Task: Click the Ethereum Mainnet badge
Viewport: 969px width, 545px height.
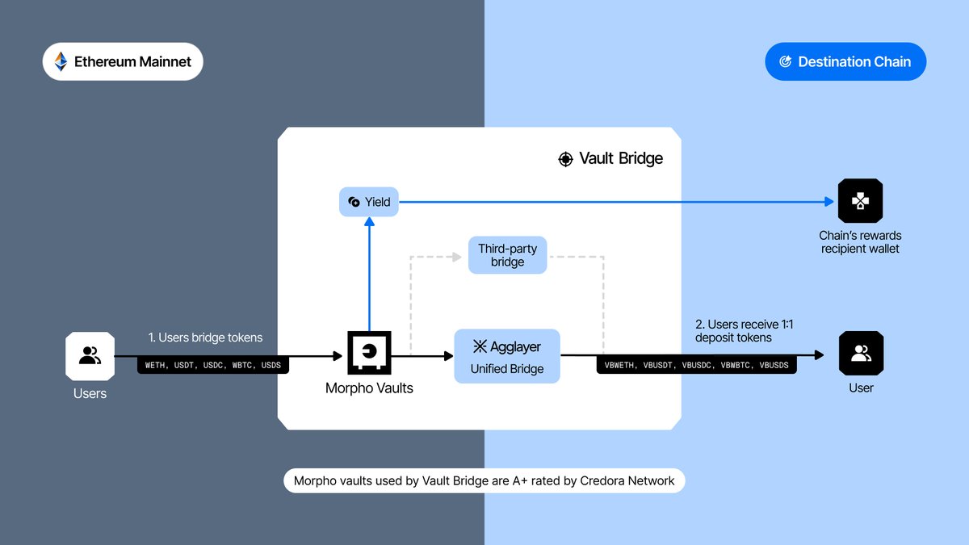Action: [x=123, y=61]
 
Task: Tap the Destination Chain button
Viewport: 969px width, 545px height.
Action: [x=845, y=61]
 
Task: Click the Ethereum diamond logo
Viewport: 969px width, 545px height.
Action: [x=61, y=61]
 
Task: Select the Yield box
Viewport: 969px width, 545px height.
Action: [x=369, y=202]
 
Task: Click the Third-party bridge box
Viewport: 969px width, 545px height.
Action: [x=507, y=255]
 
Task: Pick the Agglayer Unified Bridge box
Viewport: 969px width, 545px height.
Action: [x=507, y=356]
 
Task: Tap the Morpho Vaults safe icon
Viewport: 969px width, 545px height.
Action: [x=369, y=353]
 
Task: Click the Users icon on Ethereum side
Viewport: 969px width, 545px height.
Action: [x=90, y=355]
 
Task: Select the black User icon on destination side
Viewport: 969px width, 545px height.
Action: [x=861, y=354]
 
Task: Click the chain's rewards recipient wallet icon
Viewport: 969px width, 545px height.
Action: [x=860, y=201]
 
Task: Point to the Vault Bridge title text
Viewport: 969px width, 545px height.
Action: [x=621, y=158]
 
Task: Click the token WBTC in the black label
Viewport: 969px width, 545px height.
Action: [x=242, y=366]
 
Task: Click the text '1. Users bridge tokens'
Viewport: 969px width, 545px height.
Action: [x=205, y=337]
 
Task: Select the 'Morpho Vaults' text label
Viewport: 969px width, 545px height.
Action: [x=369, y=388]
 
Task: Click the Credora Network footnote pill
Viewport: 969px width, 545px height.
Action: [x=484, y=481]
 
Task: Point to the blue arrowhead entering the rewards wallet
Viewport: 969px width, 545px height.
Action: [x=829, y=202]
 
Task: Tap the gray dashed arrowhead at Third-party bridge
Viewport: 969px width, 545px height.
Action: [x=462, y=256]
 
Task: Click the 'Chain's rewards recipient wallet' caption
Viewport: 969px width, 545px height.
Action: [x=860, y=242]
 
